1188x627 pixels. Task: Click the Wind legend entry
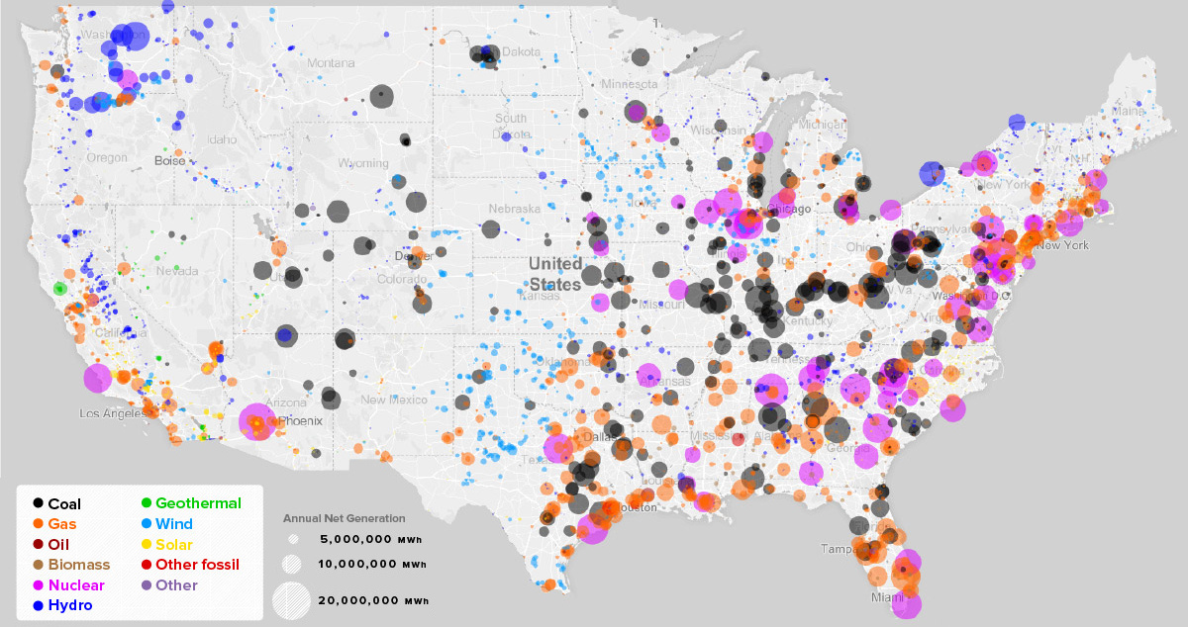point(174,524)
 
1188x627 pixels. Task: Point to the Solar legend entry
point(174,545)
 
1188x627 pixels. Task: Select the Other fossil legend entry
point(197,565)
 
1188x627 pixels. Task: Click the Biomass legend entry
point(78,565)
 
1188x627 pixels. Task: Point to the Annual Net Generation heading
point(344,518)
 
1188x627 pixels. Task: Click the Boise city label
point(169,160)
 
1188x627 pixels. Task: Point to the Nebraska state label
point(514,209)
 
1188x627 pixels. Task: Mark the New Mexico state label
point(394,400)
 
